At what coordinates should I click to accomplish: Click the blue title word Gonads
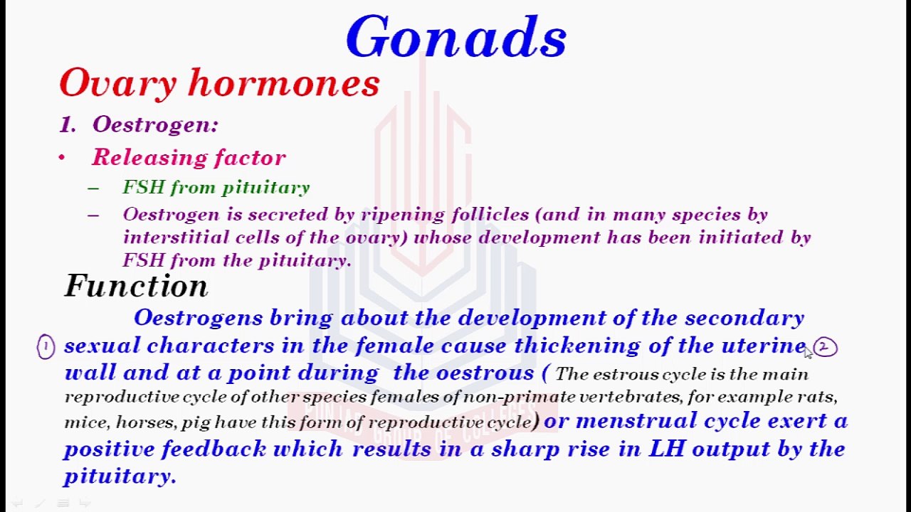click(456, 38)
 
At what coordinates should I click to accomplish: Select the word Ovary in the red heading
click(117, 84)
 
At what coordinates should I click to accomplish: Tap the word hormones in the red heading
click(284, 84)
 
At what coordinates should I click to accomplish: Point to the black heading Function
click(136, 286)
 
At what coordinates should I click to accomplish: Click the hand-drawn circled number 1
click(46, 347)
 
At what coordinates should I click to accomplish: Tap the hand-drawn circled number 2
click(825, 347)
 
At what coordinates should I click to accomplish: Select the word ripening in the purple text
click(402, 214)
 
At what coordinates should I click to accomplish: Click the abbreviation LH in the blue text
click(666, 449)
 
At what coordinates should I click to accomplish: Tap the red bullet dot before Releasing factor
click(62, 158)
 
